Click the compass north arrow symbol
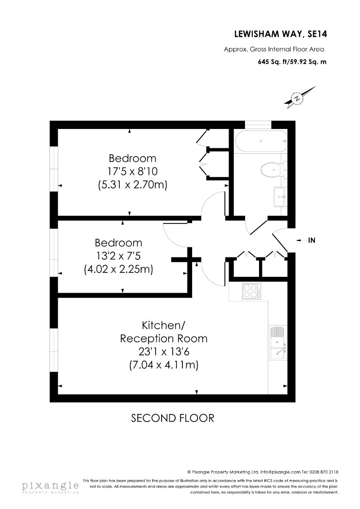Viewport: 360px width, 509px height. [x=299, y=97]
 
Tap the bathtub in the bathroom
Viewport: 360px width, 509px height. [x=261, y=142]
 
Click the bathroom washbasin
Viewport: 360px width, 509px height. [x=279, y=197]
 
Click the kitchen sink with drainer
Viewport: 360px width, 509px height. [x=278, y=342]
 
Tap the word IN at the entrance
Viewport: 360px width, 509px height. [x=311, y=240]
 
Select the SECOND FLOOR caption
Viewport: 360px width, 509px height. [x=173, y=418]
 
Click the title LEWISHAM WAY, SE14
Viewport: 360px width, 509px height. [x=280, y=34]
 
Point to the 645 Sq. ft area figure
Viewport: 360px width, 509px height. [x=271, y=62]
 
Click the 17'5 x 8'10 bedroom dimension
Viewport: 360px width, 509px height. [x=132, y=172]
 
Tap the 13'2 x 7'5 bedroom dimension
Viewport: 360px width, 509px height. [x=118, y=256]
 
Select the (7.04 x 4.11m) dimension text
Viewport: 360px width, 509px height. [x=164, y=365]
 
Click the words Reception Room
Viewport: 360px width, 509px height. [x=164, y=338]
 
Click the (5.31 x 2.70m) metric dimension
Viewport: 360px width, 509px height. [x=132, y=185]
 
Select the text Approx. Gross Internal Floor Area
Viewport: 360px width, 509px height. [x=274, y=49]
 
